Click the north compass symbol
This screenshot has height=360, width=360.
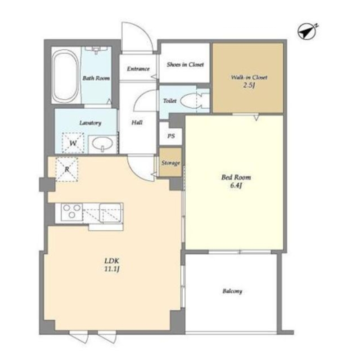click(x=307, y=31)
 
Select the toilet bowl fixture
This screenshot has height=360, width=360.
click(x=192, y=101)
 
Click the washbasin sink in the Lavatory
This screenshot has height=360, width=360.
click(x=102, y=144)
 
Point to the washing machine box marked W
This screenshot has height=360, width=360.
click(x=73, y=143)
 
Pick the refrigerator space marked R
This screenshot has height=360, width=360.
click(x=67, y=169)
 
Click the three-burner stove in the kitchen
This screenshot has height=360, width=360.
click(x=72, y=211)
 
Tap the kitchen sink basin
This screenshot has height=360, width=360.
click(x=110, y=213)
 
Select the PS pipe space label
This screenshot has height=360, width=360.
click(x=171, y=136)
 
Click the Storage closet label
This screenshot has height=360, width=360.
click(x=170, y=163)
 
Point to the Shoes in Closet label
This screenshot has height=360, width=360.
click(x=185, y=64)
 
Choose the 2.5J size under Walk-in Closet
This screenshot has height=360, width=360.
click(x=249, y=85)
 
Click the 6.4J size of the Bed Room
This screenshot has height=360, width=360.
click(x=236, y=185)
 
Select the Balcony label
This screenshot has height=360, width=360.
click(x=232, y=291)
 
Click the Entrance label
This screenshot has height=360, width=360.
click(x=138, y=69)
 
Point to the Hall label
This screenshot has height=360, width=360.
click(x=137, y=122)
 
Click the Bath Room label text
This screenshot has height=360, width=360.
click(x=96, y=78)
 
